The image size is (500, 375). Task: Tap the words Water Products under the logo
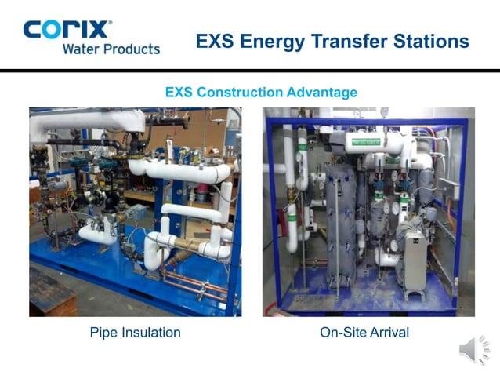[111, 49]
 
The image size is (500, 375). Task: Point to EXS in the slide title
[213, 41]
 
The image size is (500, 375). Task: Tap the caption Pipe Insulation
[135, 333]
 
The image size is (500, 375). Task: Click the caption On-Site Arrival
[364, 333]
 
